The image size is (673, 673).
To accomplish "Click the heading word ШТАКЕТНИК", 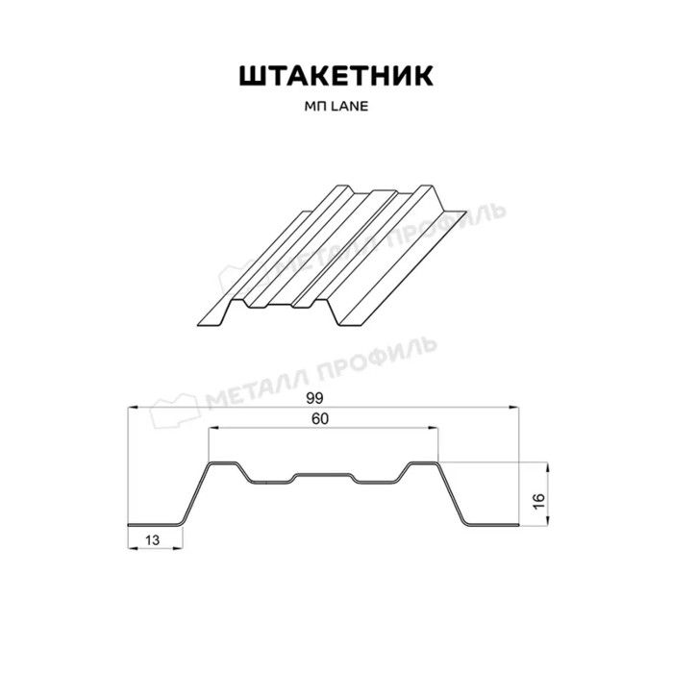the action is click(x=336, y=76).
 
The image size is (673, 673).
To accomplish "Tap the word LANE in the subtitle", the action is click(x=349, y=107).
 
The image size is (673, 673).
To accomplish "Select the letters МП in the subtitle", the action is click(x=315, y=107).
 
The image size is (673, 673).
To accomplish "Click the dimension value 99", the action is click(x=314, y=399).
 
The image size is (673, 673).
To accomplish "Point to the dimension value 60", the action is click(x=320, y=419).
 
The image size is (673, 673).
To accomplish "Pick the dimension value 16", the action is click(x=539, y=501).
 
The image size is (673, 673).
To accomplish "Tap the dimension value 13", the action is click(x=152, y=540).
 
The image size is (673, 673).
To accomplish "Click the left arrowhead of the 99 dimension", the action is click(x=134, y=408).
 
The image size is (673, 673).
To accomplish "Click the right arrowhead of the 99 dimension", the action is click(x=513, y=408).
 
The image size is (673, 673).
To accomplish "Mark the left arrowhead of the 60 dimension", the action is click(x=213, y=428).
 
